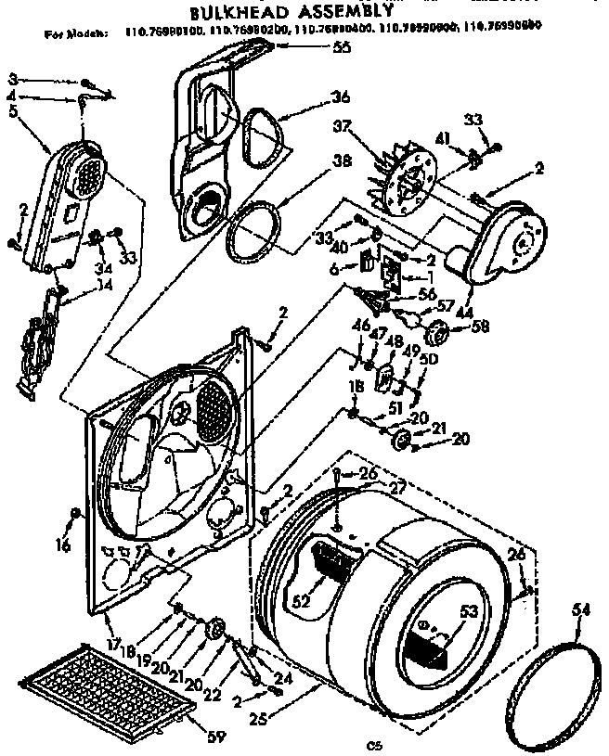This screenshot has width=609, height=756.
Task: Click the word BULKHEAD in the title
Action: coord(243,14)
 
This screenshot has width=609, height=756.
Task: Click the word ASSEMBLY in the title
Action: coord(356,13)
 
